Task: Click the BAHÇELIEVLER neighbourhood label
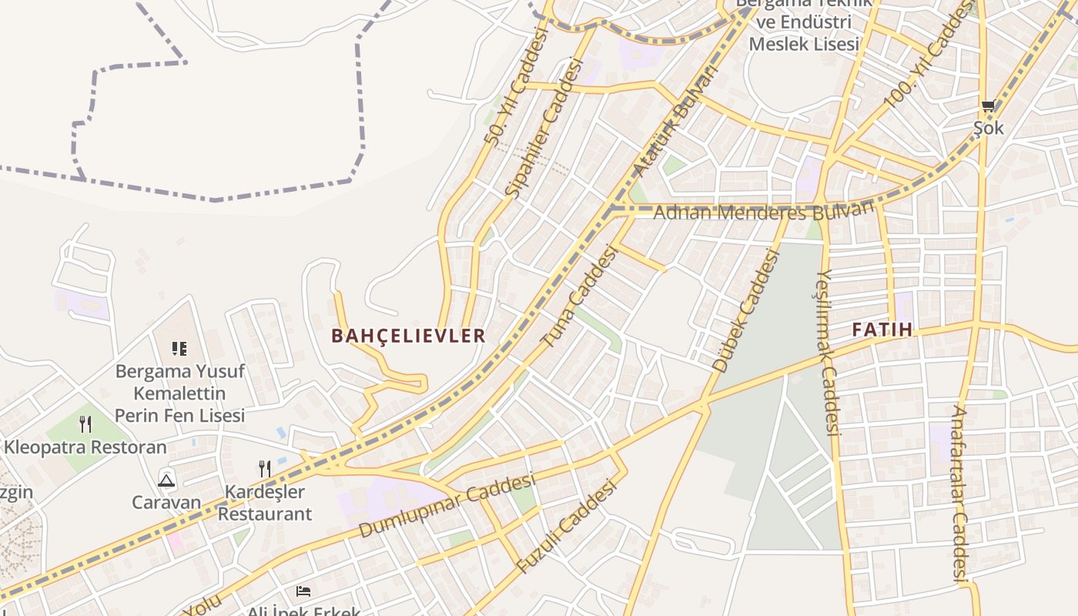click(x=408, y=336)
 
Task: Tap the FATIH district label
click(x=882, y=330)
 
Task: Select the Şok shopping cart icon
click(x=988, y=106)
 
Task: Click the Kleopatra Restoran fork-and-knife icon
click(x=85, y=423)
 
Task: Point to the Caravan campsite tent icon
click(x=166, y=481)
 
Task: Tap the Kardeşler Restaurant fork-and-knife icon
click(x=265, y=468)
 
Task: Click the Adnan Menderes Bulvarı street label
click(x=764, y=211)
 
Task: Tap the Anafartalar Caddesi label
click(x=959, y=493)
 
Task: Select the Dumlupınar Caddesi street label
click(x=447, y=506)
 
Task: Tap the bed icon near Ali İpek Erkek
click(x=303, y=591)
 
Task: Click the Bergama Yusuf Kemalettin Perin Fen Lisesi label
click(x=179, y=393)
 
